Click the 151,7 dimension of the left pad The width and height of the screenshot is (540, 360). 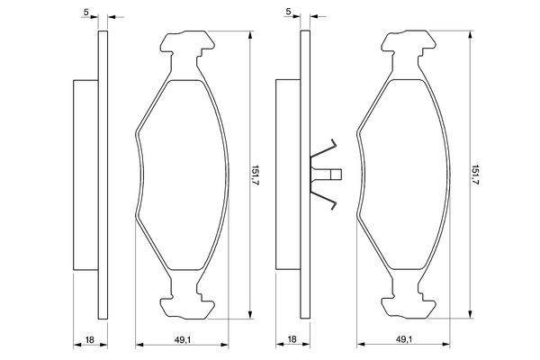click(256, 175)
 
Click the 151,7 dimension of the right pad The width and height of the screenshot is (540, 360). click(475, 175)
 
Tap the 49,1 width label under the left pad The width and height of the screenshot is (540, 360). click(182, 339)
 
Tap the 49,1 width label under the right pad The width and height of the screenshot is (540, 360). click(403, 339)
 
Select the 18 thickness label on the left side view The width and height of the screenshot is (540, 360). click(89, 340)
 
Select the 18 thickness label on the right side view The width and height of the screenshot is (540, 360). click(292, 339)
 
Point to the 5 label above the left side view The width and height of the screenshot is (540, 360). click(85, 12)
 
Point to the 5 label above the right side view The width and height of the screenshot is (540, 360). click(288, 12)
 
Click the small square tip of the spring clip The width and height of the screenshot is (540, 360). click(336, 175)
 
